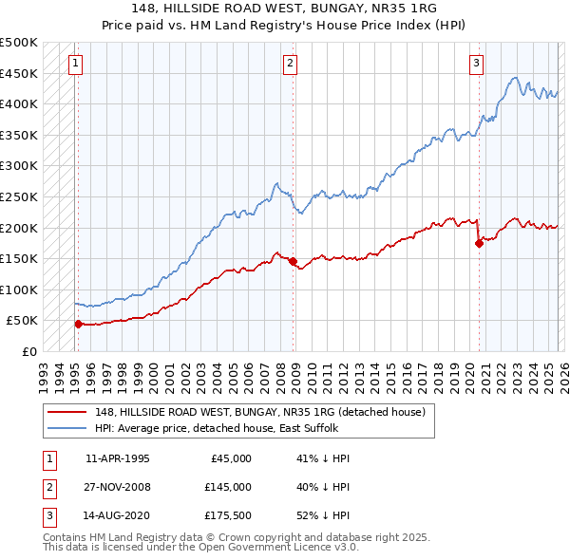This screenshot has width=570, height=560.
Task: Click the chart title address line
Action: coord(284,9)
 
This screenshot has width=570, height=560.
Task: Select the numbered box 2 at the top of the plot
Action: coord(290,64)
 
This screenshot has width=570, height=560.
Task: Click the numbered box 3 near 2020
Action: coord(476,64)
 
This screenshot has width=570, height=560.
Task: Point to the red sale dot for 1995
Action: coord(78,324)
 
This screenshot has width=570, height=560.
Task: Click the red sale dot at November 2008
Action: coord(293,261)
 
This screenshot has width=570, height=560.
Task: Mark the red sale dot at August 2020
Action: coord(479,243)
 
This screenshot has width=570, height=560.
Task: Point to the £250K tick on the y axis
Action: coord(19,196)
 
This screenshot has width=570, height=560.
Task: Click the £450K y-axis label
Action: coord(19,73)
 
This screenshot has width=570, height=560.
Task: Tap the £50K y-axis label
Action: coord(23,321)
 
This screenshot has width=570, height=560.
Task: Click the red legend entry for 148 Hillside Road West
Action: coord(265,412)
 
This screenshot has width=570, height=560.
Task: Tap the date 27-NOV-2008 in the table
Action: coord(118,487)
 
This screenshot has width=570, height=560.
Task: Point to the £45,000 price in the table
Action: coord(229,457)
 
